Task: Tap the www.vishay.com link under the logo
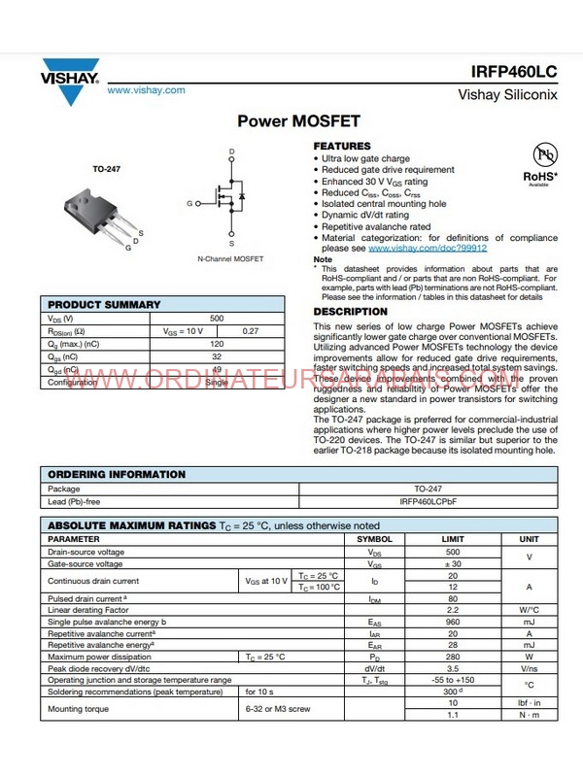146,90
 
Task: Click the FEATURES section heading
341,147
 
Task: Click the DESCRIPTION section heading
350,312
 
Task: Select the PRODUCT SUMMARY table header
104,305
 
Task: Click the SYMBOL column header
374,538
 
